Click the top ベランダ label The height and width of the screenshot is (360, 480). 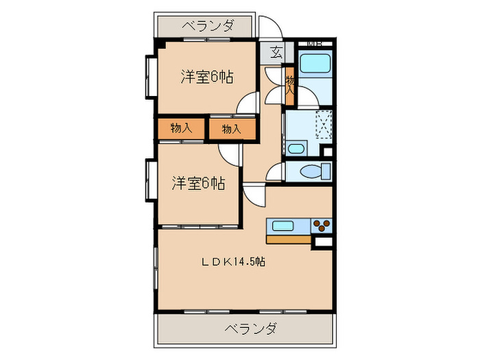(x=208, y=27)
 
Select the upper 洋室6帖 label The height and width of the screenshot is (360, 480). (x=207, y=77)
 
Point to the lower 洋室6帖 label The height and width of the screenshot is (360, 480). (x=197, y=183)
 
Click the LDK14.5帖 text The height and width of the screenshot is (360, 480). (x=234, y=261)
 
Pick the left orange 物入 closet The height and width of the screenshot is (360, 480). (x=181, y=128)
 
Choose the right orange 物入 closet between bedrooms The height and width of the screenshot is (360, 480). (x=232, y=128)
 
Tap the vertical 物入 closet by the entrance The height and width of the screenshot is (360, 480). (x=290, y=86)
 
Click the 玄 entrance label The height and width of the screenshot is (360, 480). (x=276, y=52)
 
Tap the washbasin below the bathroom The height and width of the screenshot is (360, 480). (x=297, y=148)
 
